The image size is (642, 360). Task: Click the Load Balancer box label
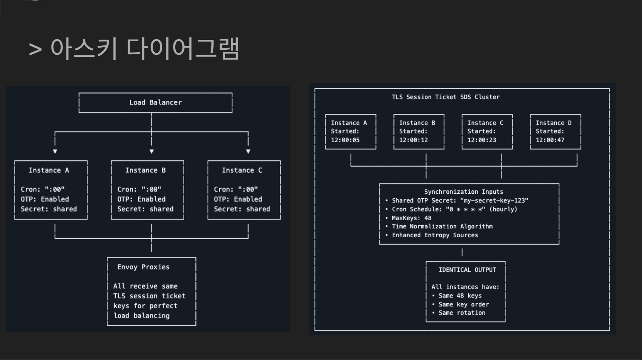[x=155, y=102]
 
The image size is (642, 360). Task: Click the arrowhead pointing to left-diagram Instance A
[x=55, y=151]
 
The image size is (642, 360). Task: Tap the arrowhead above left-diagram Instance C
[x=248, y=151]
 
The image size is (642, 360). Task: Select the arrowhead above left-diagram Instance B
[x=151, y=151]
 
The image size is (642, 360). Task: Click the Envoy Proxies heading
[x=143, y=267]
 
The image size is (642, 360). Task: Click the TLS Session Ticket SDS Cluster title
[x=445, y=97]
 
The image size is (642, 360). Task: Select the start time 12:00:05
[x=345, y=140]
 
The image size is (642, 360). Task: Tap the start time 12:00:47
[x=550, y=140]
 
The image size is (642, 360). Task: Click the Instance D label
[x=553, y=123]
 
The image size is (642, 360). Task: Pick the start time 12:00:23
[x=482, y=140]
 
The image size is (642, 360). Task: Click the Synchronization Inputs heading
[x=463, y=192]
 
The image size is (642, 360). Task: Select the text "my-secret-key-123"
[x=494, y=200]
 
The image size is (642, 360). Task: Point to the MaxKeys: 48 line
[x=411, y=218]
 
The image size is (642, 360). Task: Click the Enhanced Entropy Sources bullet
[x=435, y=235]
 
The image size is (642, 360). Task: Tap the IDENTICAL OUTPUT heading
[x=467, y=270]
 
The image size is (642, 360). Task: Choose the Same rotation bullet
[x=461, y=313]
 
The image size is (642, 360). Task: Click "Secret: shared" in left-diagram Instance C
[x=242, y=209]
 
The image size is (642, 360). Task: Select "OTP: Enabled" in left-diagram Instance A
[x=45, y=199]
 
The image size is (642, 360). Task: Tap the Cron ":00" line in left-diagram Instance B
[x=139, y=189]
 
